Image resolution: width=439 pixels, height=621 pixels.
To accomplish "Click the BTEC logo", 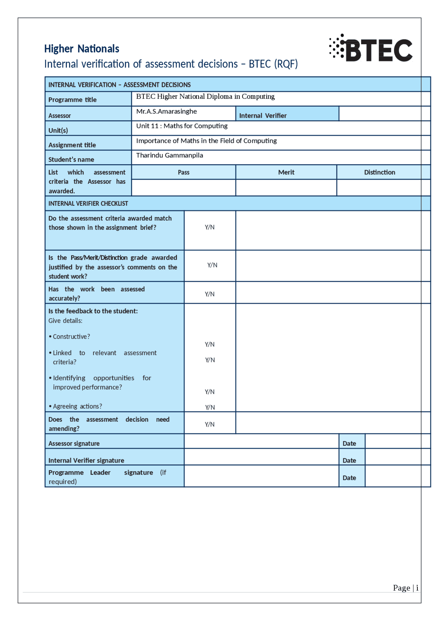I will pyautogui.click(x=371, y=49).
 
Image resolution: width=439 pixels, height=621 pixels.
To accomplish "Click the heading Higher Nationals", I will pyautogui.click(x=82, y=49).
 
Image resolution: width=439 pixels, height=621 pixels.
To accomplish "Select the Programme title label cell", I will pyautogui.click(x=72, y=100).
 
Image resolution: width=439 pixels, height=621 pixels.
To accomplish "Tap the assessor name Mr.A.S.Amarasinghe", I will pyautogui.click(x=166, y=111).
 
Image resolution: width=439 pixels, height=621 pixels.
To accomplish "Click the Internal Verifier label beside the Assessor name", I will pyautogui.click(x=263, y=116).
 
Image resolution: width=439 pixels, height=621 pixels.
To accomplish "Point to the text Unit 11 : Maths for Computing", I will pyautogui.click(x=182, y=126).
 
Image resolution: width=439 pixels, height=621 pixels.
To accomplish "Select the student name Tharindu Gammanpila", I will pyautogui.click(x=169, y=155).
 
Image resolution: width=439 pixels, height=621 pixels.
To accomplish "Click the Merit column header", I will pyautogui.click(x=286, y=172).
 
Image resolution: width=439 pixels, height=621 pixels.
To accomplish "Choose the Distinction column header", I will pyautogui.click(x=379, y=172).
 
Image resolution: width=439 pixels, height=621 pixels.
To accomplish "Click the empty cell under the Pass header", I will pyautogui.click(x=183, y=188).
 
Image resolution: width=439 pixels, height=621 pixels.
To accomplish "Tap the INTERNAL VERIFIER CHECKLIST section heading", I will pyautogui.click(x=88, y=203).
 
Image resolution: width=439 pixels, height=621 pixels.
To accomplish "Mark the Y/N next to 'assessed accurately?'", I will pyautogui.click(x=210, y=294).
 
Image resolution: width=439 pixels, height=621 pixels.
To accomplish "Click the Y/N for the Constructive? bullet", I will pyautogui.click(x=210, y=344).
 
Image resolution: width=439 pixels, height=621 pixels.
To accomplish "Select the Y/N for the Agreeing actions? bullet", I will pyautogui.click(x=210, y=407).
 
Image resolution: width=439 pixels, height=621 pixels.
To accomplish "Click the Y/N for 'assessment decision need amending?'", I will pyautogui.click(x=210, y=424).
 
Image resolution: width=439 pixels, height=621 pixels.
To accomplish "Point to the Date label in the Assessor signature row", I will pyautogui.click(x=349, y=443).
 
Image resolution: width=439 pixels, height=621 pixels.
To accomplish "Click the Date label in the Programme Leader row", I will pyautogui.click(x=349, y=478).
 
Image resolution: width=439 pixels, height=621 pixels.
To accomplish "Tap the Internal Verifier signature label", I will pyautogui.click(x=86, y=460).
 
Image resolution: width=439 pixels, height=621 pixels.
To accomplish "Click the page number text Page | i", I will pyautogui.click(x=405, y=588).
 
